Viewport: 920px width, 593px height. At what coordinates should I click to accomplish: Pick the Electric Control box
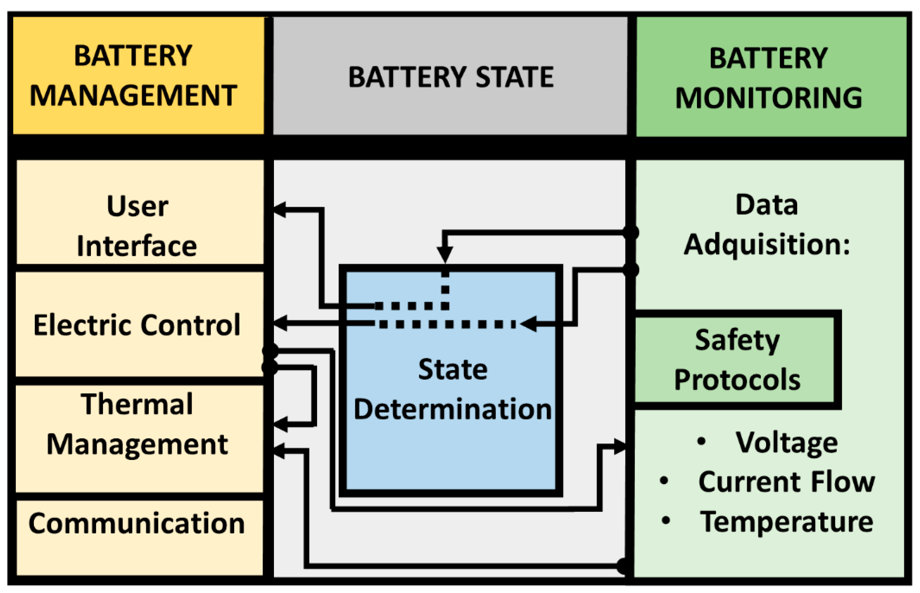139,325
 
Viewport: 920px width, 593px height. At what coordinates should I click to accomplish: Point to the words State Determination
453,389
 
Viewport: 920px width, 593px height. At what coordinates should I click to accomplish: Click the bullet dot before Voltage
701,441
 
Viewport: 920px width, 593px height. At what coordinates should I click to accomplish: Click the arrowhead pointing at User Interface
280,209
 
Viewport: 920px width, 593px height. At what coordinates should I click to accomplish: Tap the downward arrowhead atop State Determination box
445,254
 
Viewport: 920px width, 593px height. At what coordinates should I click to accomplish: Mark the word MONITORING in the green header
769,98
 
